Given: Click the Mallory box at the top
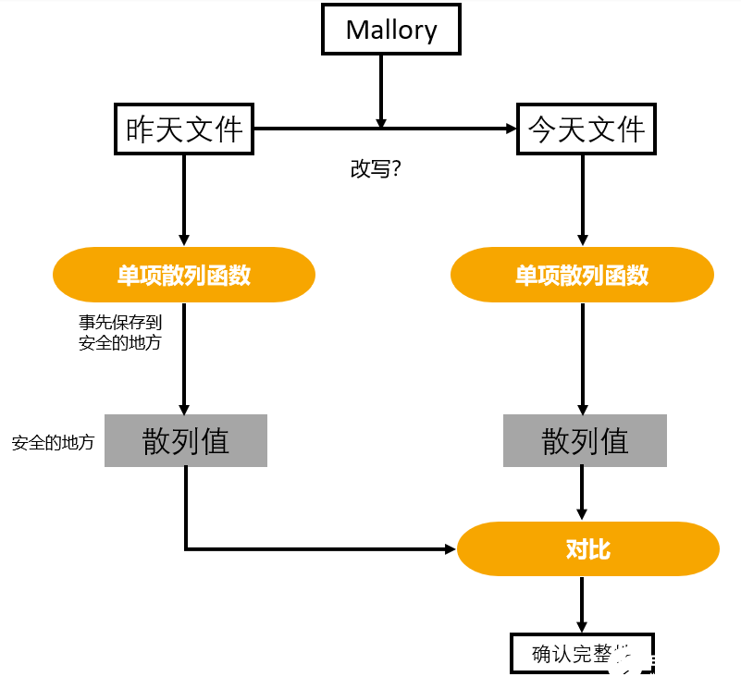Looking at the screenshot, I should pyautogui.click(x=390, y=30).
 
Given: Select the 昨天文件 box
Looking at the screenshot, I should pyautogui.click(x=184, y=129).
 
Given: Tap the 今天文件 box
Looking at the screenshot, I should pyautogui.click(x=586, y=129).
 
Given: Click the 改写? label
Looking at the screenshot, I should pyautogui.click(x=375, y=170).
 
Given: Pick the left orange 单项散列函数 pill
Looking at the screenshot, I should pyautogui.click(x=184, y=275).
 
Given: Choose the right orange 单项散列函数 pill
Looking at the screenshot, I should pyautogui.click(x=582, y=275).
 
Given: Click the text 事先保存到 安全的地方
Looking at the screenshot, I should pyautogui.click(x=119, y=332).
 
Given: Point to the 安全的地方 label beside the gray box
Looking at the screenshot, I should pyautogui.click(x=53, y=443).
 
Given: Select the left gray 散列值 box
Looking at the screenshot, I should pyautogui.click(x=185, y=440).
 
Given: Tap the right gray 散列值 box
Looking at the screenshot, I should pyautogui.click(x=585, y=440).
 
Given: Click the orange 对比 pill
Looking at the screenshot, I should pyautogui.click(x=588, y=549).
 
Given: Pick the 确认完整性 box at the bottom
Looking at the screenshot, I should pyautogui.click(x=582, y=653).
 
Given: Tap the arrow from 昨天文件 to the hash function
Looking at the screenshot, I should pyautogui.click(x=184, y=199).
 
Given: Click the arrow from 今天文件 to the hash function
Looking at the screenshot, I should pyautogui.click(x=583, y=199).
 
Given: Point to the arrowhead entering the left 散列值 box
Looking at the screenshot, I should pyautogui.click(x=184, y=408).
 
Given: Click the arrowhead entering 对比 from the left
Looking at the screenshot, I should pyautogui.click(x=451, y=549).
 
